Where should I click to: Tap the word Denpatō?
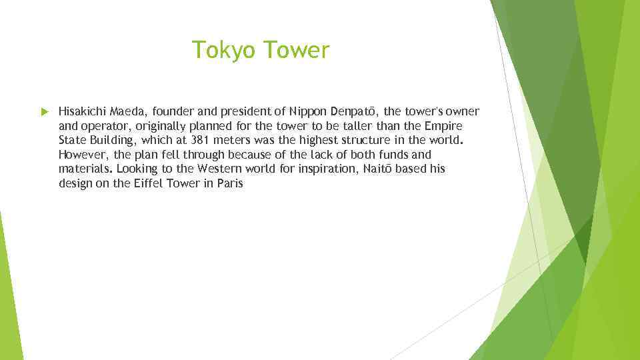pos(355,111)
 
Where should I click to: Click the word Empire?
pos(443,126)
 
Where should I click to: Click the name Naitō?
pos(377,169)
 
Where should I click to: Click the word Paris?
pos(230,183)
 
